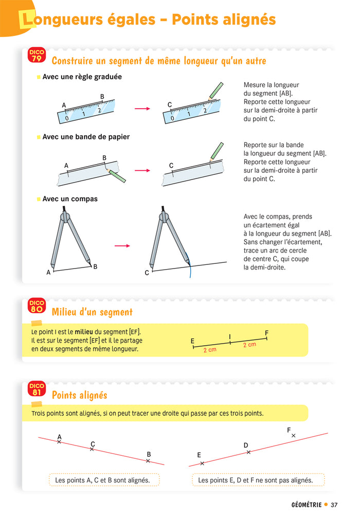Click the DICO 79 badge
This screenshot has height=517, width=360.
click(37, 56)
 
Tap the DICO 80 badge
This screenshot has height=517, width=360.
click(37, 306)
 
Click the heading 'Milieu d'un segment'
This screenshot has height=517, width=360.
click(92, 312)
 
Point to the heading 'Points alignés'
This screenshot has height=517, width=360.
click(79, 395)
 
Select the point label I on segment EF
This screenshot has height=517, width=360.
click(230, 336)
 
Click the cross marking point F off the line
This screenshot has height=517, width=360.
click(294, 436)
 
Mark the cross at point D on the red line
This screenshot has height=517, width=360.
click(248, 452)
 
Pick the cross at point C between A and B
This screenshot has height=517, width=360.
click(92, 450)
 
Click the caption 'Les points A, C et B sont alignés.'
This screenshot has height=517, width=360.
click(102, 480)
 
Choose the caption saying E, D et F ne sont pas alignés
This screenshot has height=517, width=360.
click(255, 480)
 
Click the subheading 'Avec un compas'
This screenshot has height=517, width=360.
click(70, 199)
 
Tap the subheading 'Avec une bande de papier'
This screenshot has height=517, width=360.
click(86, 137)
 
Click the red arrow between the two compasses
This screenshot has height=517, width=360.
click(122, 246)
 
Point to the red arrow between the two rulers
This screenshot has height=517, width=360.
click(142, 109)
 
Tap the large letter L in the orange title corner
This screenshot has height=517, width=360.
click(25, 21)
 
